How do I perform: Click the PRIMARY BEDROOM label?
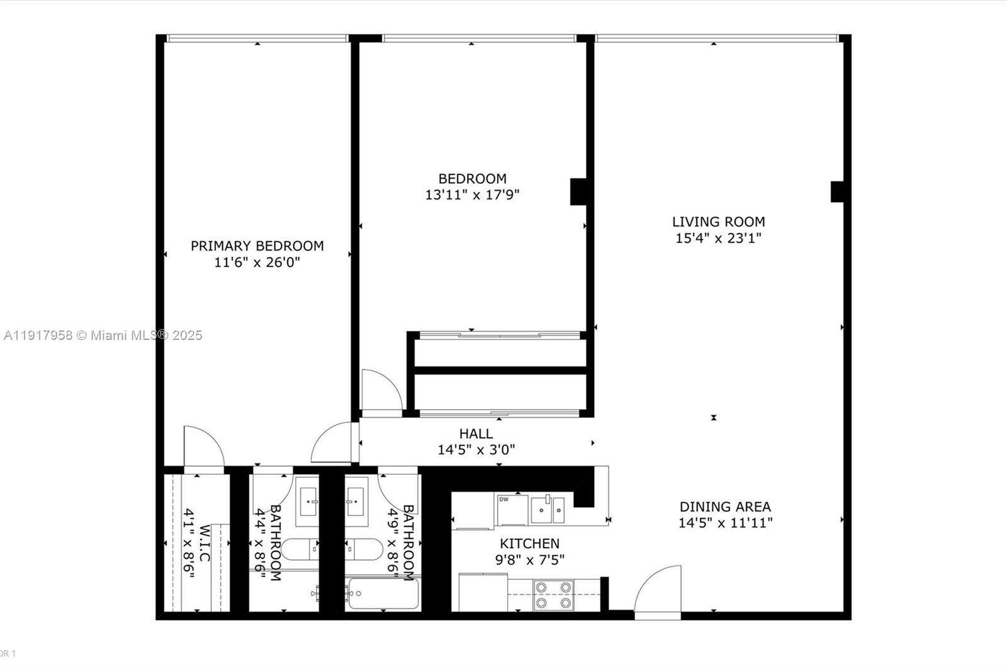click(x=257, y=246)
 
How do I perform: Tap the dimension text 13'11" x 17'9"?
click(x=472, y=195)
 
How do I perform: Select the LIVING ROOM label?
click(x=718, y=222)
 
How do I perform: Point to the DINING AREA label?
click(x=725, y=507)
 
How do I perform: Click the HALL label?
click(x=476, y=434)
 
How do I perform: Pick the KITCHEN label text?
click(x=529, y=543)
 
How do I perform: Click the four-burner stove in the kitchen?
click(x=553, y=595)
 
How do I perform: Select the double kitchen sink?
click(x=548, y=509)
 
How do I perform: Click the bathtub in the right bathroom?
click(x=381, y=594)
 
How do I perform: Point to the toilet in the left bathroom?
click(x=300, y=550)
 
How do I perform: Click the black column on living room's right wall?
click(x=836, y=191)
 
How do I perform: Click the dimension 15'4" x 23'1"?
click(x=718, y=238)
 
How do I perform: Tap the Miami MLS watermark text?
click(x=103, y=335)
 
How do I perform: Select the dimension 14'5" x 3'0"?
click(x=476, y=450)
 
